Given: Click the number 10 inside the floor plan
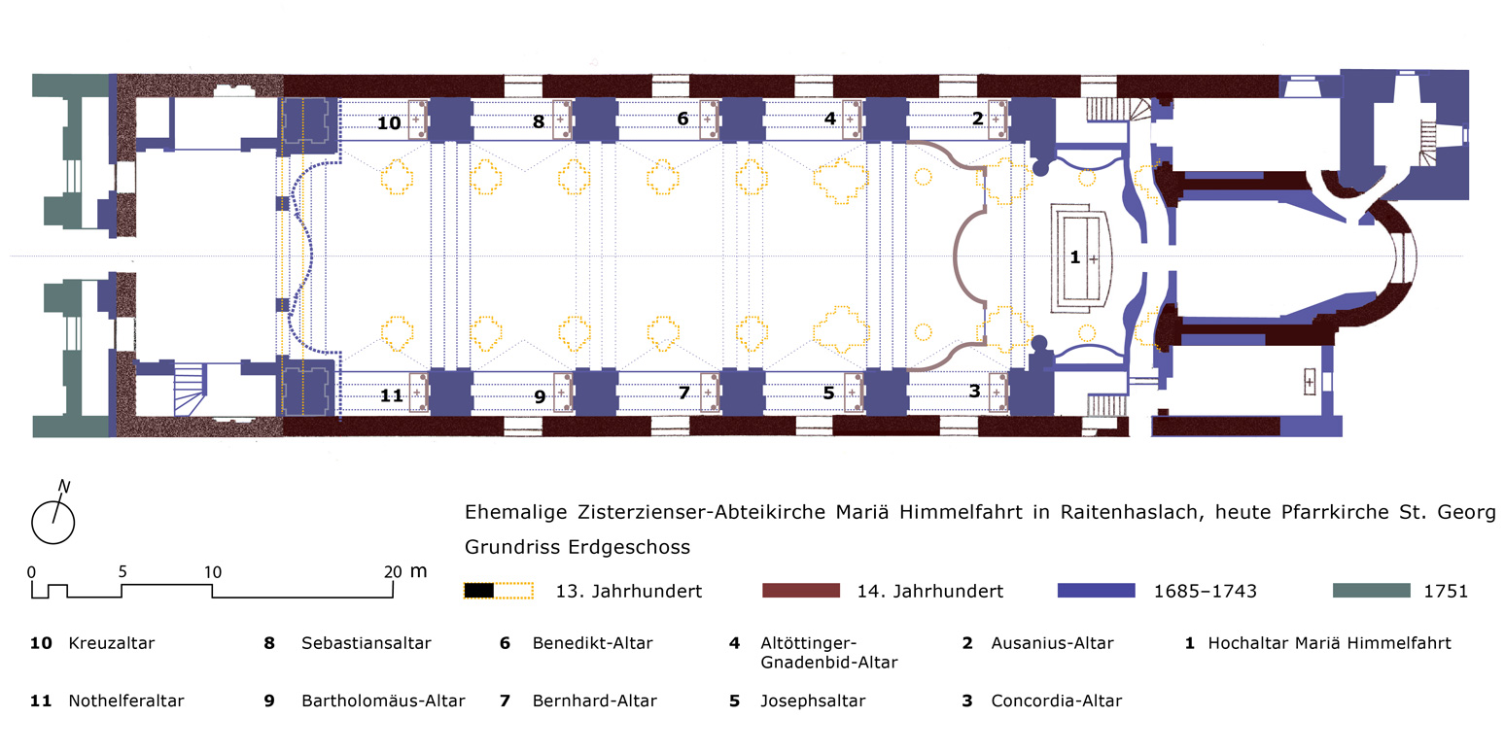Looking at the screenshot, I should pyautogui.click(x=389, y=123).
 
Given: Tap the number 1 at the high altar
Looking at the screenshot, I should pyautogui.click(x=1074, y=257).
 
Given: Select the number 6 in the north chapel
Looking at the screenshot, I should pyautogui.click(x=682, y=119).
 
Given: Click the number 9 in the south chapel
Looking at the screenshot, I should pyautogui.click(x=539, y=395).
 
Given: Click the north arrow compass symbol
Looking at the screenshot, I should pyautogui.click(x=53, y=520).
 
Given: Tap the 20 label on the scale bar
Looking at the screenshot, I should pyautogui.click(x=392, y=571).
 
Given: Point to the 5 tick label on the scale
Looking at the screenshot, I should pyautogui.click(x=122, y=571).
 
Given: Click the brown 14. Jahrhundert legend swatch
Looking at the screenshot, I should pyautogui.click(x=799, y=590).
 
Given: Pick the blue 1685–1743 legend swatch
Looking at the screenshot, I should pyautogui.click(x=1096, y=590).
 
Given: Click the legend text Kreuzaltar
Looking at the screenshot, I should pyautogui.click(x=111, y=643).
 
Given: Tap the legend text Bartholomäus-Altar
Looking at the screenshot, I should pyautogui.click(x=383, y=701).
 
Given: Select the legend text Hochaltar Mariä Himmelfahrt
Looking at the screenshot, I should pyautogui.click(x=1329, y=643).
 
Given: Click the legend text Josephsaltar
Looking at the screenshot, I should pyautogui.click(x=813, y=701).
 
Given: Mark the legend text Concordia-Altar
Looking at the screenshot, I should pyautogui.click(x=1056, y=701).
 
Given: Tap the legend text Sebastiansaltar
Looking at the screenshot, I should pyautogui.click(x=366, y=643).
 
